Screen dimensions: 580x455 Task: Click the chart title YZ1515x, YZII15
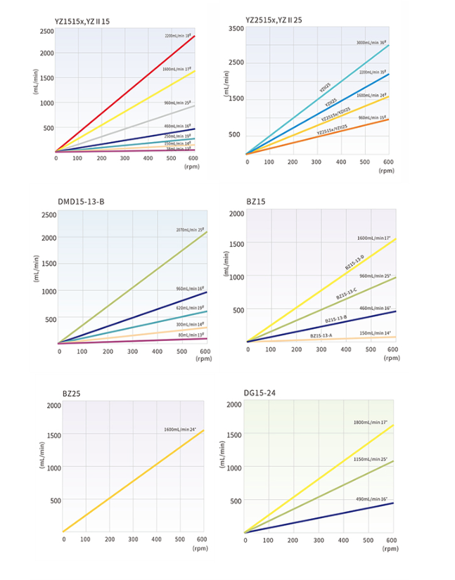coord(82,21)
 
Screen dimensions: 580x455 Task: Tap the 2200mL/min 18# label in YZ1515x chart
coord(179,35)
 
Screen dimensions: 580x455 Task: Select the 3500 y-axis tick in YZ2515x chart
coord(236,29)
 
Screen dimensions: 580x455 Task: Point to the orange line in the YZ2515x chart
coord(316,136)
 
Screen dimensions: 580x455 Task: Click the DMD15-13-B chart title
coord(81,202)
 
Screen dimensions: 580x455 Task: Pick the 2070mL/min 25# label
coord(190,230)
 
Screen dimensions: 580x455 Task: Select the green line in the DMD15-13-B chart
coord(134,287)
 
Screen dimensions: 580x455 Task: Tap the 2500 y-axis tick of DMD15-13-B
coord(49,214)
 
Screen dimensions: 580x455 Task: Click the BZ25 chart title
coord(71,394)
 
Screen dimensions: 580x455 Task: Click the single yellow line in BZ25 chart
coord(134,480)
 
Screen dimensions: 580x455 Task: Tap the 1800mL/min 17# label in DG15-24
coord(370,423)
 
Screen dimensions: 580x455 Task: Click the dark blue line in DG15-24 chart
coord(316,517)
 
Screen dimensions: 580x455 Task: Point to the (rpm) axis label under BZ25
coord(199,550)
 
